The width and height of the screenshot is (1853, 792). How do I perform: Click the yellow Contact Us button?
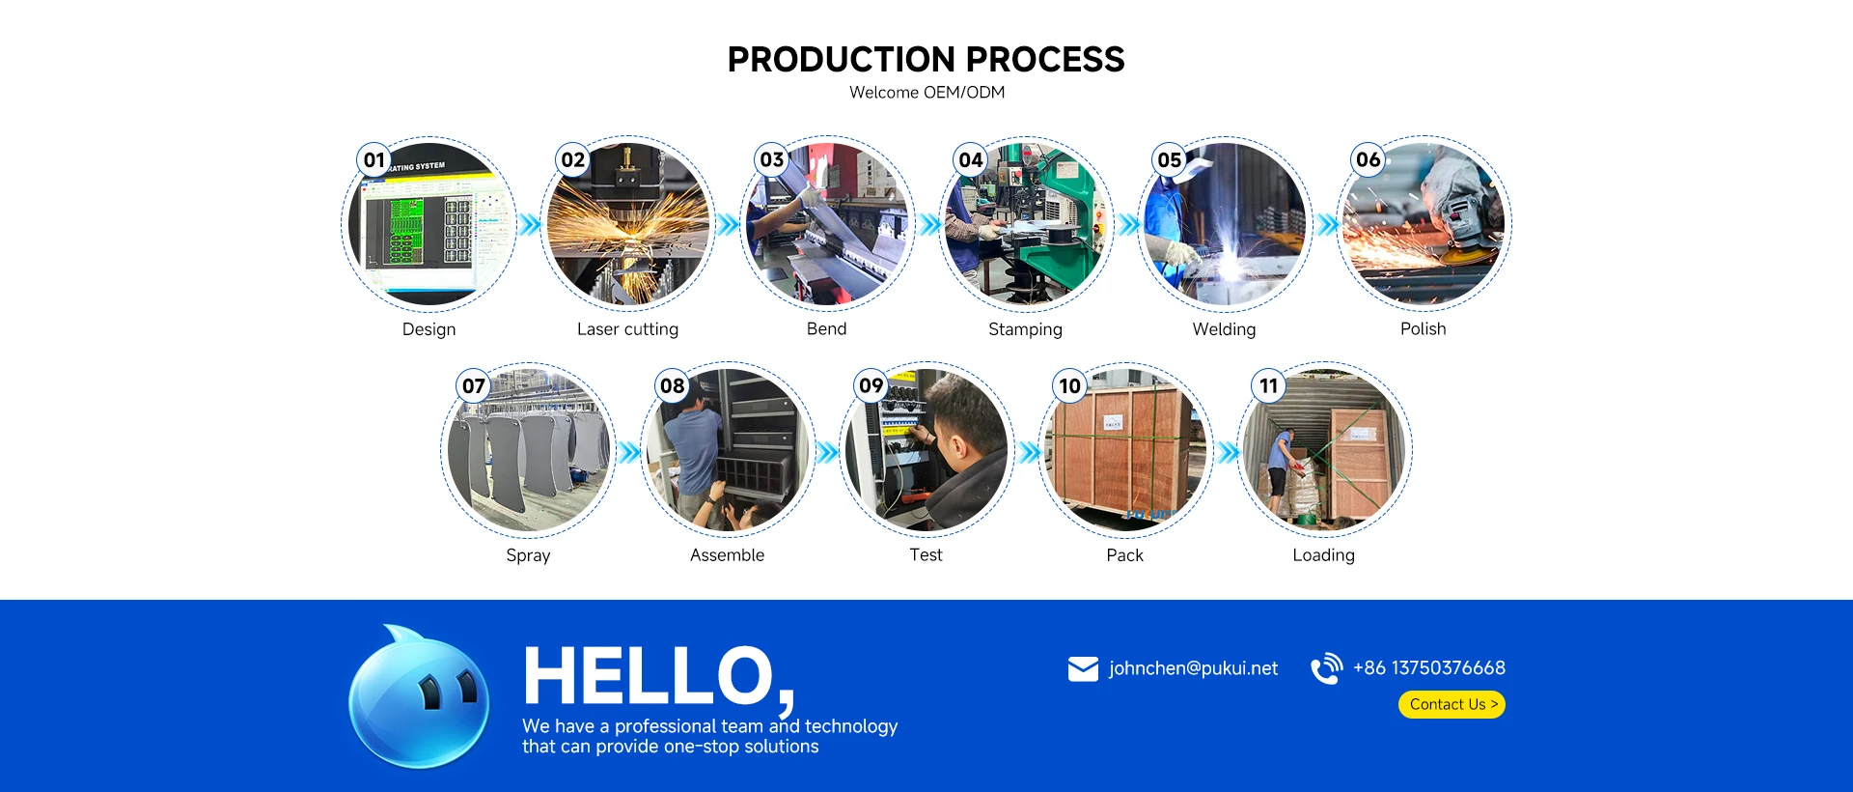tap(1452, 705)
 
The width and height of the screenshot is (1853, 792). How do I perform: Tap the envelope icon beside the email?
tap(1083, 668)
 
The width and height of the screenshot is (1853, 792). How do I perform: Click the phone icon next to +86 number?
tap(1326, 668)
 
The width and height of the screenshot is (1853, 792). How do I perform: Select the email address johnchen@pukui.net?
tap(1193, 668)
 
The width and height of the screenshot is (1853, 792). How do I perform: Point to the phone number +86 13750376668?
tap(1428, 668)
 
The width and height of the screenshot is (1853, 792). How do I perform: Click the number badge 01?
tap(374, 160)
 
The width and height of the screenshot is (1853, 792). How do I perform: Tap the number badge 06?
tap(1369, 159)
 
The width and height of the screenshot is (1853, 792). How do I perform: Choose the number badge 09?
tap(871, 385)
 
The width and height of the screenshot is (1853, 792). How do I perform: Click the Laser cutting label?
tap(627, 329)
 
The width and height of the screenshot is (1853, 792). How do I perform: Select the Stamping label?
tap(1025, 329)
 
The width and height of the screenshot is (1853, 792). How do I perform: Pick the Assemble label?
tap(727, 555)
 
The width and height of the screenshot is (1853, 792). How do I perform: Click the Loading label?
tap(1323, 555)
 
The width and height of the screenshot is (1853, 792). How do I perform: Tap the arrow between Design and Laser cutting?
tap(530, 225)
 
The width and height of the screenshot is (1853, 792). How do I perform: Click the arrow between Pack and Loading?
tap(1228, 452)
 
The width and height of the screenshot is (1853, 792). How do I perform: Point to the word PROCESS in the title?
tap(1045, 60)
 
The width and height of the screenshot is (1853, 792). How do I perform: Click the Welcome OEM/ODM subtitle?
tap(926, 93)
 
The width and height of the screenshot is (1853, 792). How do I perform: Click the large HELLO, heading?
tap(659, 677)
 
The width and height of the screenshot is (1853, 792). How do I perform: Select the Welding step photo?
tap(1224, 224)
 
